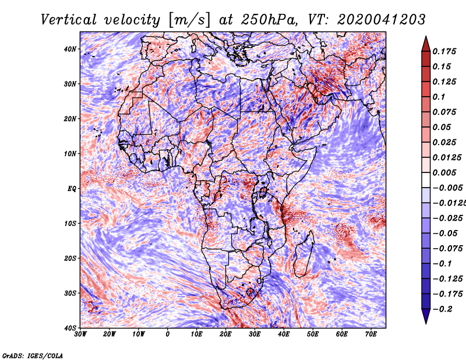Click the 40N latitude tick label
pos(70,49)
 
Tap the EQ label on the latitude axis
pos(72,189)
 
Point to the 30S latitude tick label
pos(70,293)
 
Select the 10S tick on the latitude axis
pos(70,224)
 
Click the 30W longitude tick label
pos(80,334)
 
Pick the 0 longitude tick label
pos(168,334)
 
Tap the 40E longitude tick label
pos(284,334)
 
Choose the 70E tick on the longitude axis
pos(370,334)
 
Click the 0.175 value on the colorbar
pos(444,51)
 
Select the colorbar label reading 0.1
pos(439,97)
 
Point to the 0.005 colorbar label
pos(444,172)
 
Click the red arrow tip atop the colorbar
pos(426,37)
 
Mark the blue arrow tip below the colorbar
pos(426,323)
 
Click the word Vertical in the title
pos(69,20)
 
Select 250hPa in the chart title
pos(269,20)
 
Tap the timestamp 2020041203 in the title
pos(382,20)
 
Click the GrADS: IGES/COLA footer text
pos(33,355)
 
